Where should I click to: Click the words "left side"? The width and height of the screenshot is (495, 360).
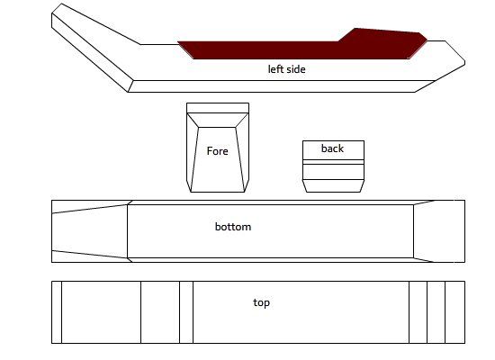pos(286,69)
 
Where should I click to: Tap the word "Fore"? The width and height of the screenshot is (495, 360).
pos(217,151)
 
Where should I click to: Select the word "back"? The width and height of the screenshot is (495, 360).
pos(332,148)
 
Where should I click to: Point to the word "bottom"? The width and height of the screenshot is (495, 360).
pos(233,227)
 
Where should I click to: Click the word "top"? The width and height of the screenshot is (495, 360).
pos(261,302)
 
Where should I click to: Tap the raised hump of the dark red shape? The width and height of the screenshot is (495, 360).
pos(382,36)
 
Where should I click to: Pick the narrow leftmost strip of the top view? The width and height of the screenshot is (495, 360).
pos(57,312)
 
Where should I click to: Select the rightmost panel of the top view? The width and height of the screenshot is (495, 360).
pos(454,312)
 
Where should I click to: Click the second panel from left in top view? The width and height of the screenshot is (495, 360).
pos(101,312)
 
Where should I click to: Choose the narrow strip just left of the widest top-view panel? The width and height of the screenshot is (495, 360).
pos(186,312)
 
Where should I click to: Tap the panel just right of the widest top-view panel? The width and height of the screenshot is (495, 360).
pos(418,312)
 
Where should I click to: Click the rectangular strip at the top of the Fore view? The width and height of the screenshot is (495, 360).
pos(218,108)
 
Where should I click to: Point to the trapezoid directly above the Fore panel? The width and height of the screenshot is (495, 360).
pos(218,121)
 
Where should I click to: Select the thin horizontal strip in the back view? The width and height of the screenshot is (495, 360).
pos(333,162)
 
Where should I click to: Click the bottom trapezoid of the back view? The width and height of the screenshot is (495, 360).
pos(333,185)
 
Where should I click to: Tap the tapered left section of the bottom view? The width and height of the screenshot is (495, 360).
pos(89,231)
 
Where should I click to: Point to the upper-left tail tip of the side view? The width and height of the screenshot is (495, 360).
pos(61,4)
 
